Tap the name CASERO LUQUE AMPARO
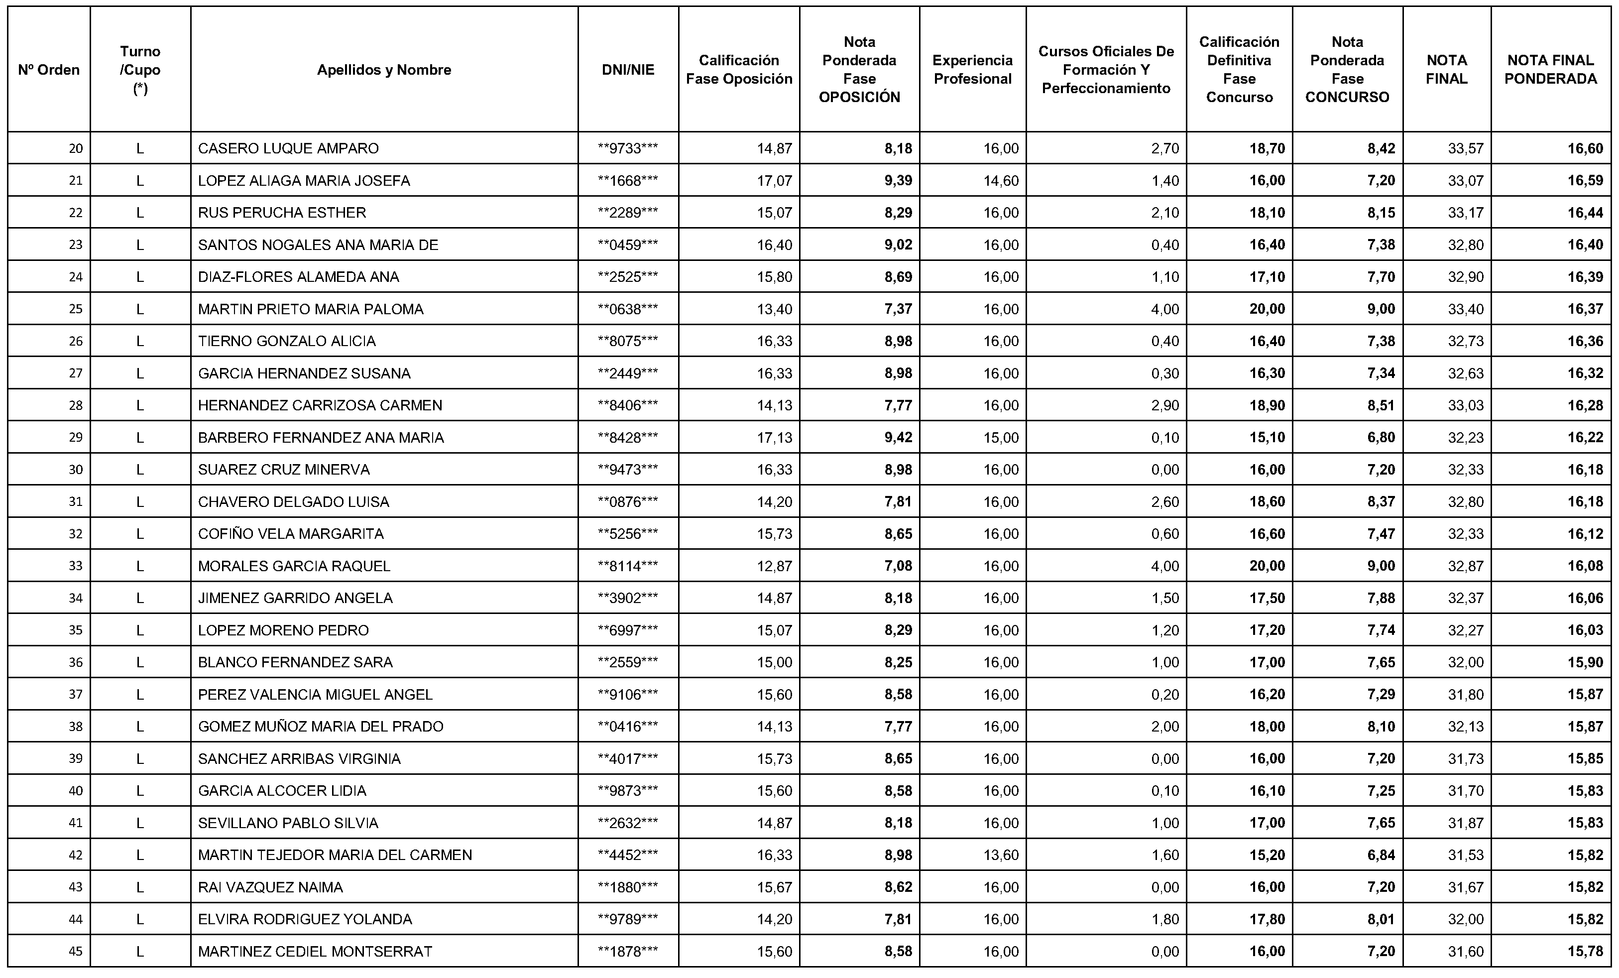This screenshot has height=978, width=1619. [x=288, y=148]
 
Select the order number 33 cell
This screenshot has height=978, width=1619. [x=76, y=566]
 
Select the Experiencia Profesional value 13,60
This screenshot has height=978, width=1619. [x=1001, y=855]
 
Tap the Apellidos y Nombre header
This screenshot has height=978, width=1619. [x=384, y=70]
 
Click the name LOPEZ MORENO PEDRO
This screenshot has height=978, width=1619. [x=283, y=630]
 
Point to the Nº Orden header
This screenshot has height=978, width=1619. [x=49, y=70]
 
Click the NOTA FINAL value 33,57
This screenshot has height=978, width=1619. [x=1465, y=148]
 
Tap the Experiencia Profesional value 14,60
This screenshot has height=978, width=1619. [x=1001, y=181]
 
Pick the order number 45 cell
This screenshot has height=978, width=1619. [x=76, y=951]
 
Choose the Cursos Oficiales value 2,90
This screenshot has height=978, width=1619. [x=1164, y=405]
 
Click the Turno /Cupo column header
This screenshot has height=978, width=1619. [x=140, y=70]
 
